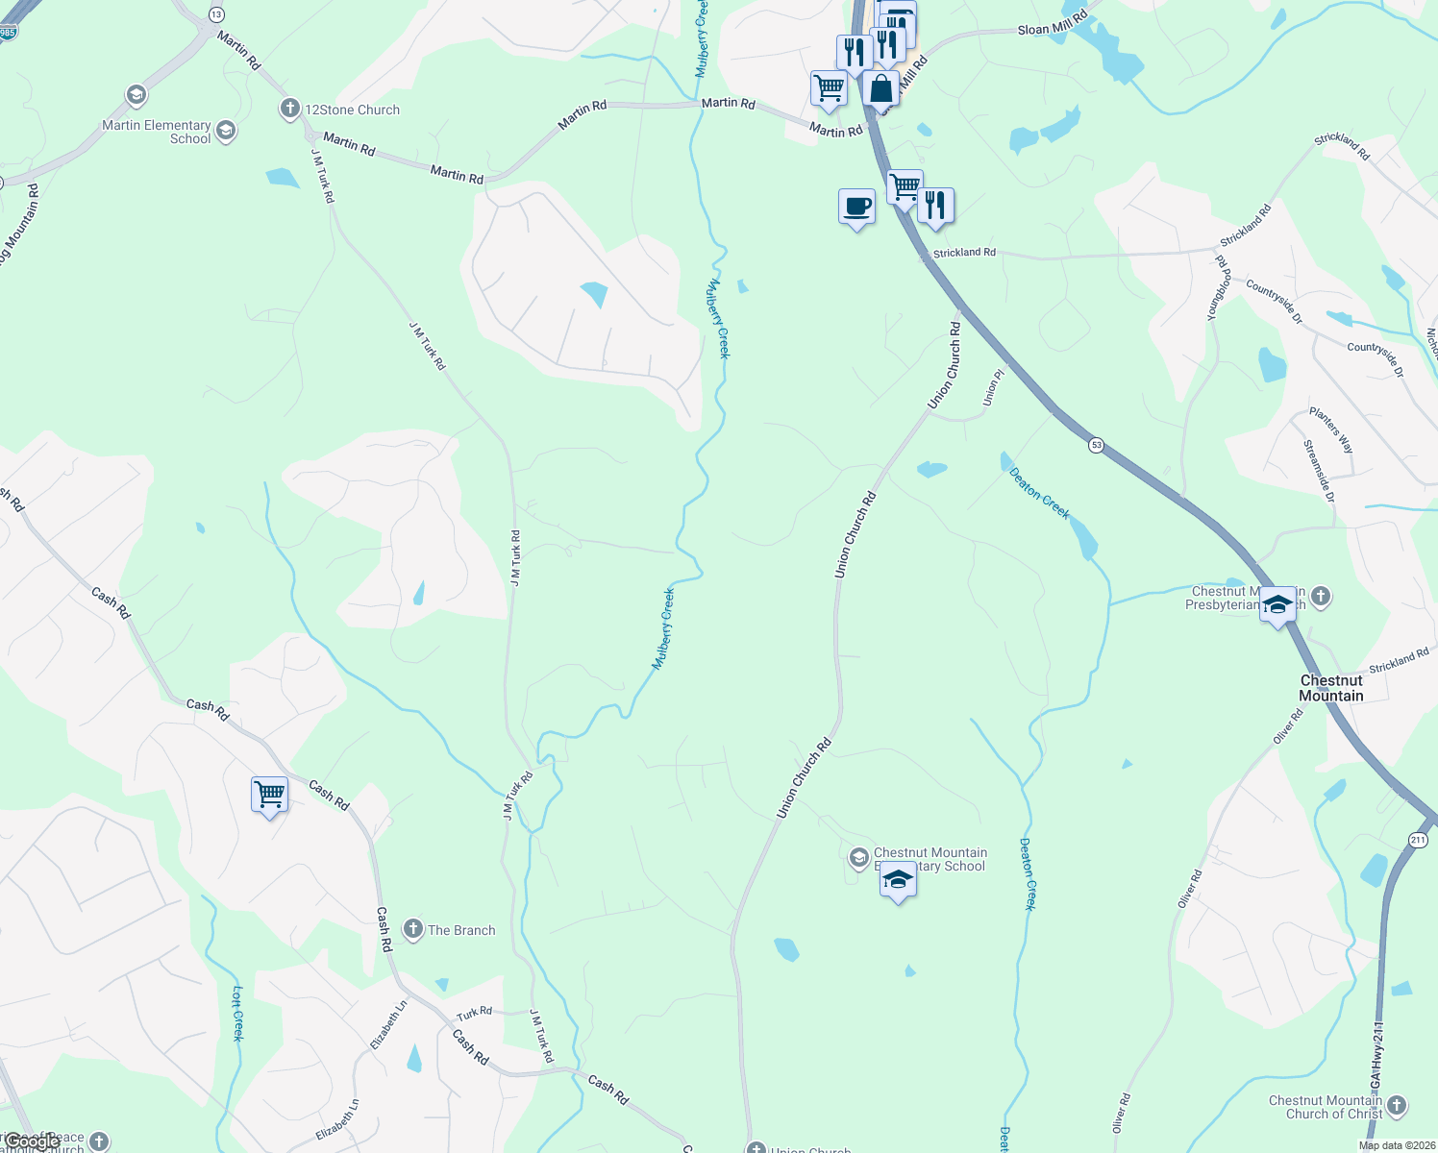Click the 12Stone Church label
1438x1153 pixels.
pos(352,110)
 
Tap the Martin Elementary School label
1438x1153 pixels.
pos(157,132)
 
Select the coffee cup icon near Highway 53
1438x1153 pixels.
pos(856,207)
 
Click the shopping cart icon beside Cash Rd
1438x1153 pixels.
pos(270,795)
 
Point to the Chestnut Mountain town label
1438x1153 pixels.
pos(1331,688)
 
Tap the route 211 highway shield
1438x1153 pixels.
pos(1418,840)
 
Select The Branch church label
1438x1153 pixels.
pos(461,930)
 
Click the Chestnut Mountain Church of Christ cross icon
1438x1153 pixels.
pos(1397,1106)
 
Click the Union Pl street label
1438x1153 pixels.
pos(993,386)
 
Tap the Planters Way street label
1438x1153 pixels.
pos(1331,430)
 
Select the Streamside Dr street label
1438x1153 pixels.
pos(1319,471)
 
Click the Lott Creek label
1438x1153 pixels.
pos(237,1013)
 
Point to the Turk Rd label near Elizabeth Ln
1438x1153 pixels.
pos(474,1013)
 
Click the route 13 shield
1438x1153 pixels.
pos(216,14)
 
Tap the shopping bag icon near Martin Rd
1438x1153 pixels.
pos(880,89)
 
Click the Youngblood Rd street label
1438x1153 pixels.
pos(1219,287)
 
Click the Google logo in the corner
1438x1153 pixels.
pos(31,1141)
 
